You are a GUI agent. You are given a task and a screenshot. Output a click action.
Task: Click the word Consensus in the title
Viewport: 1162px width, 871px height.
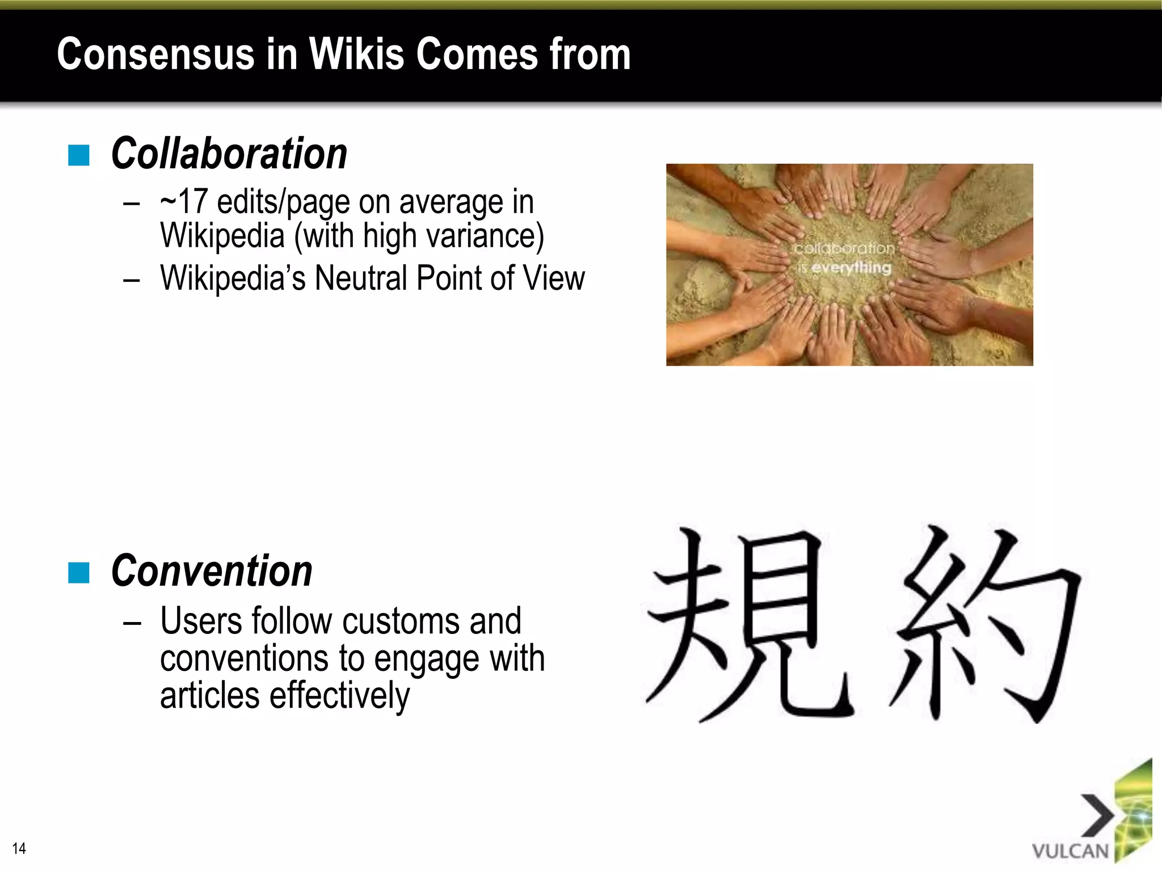(155, 54)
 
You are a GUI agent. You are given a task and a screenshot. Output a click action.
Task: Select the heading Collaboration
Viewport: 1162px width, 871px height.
(229, 154)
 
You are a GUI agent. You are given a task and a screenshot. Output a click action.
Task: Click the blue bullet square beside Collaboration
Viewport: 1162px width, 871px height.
(79, 155)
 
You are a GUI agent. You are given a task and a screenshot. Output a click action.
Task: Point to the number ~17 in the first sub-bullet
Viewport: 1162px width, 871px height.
(184, 202)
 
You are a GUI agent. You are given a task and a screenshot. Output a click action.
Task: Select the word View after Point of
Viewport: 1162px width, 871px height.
(553, 278)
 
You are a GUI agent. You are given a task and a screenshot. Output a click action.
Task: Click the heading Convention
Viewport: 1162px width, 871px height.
(212, 571)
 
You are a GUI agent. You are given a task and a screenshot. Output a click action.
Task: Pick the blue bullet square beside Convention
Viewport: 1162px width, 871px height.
(79, 573)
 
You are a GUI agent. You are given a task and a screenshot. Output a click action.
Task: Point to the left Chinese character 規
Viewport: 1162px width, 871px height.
(749, 624)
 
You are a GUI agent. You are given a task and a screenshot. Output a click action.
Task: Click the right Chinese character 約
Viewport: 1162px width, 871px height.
(984, 624)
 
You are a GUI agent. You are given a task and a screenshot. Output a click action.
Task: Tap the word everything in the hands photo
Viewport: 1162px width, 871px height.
(851, 267)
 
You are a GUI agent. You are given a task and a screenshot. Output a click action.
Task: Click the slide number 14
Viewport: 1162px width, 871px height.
(19, 848)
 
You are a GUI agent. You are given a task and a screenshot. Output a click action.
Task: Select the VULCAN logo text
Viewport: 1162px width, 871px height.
(1070, 851)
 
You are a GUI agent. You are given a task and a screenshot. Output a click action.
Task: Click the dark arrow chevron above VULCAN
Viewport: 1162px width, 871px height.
(1096, 815)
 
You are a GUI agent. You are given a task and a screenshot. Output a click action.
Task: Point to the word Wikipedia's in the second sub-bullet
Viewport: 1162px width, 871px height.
(233, 278)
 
